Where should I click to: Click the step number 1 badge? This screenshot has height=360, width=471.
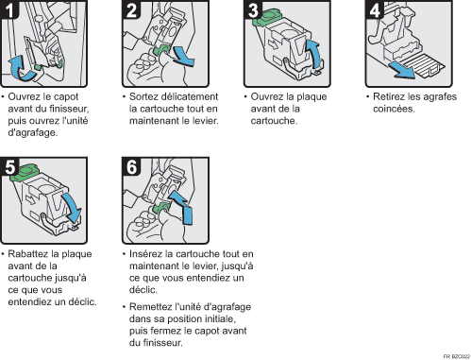pyautogui.click(x=9, y=9)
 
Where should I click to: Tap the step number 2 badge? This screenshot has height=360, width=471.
pyautogui.click(x=131, y=9)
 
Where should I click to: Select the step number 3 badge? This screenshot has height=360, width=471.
pyautogui.click(x=253, y=9)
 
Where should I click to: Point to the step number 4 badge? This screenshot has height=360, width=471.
pyautogui.click(x=375, y=9)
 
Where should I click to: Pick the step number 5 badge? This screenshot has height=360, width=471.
pyautogui.click(x=9, y=166)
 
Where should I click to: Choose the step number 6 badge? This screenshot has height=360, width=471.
pyautogui.click(x=131, y=166)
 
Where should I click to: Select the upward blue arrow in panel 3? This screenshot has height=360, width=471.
pyautogui.click(x=314, y=54)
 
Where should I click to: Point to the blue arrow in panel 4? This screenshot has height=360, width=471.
pyautogui.click(x=402, y=70)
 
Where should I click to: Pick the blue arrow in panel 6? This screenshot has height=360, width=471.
pyautogui.click(x=183, y=207)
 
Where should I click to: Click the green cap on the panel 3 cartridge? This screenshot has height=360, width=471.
pyautogui.click(x=267, y=17)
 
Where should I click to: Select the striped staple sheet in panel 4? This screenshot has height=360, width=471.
pyautogui.click(x=423, y=65)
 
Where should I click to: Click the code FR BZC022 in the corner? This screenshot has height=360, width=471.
pyautogui.click(x=457, y=356)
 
